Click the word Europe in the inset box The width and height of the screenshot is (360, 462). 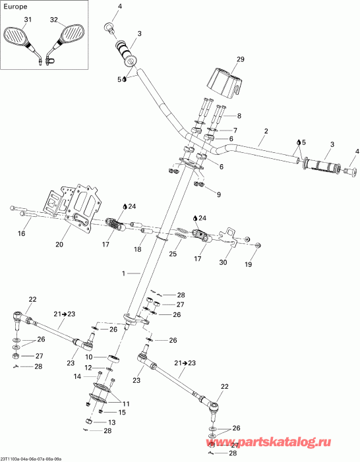tap(15, 7)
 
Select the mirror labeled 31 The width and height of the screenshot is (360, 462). tap(20, 41)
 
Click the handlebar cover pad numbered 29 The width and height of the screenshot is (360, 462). tap(227, 80)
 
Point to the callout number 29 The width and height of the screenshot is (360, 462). tap(240, 59)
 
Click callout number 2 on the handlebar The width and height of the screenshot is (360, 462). tap(266, 131)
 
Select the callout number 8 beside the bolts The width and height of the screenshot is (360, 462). tap(239, 116)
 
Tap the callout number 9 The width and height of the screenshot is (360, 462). tap(218, 194)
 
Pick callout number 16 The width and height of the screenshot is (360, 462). tap(22, 234)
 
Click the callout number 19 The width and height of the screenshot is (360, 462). tap(249, 264)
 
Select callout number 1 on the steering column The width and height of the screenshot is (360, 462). tap(124, 274)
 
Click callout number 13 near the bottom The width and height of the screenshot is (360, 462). tap(111, 422)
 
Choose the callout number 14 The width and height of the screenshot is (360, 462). tap(77, 376)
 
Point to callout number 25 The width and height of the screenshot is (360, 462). tap(173, 253)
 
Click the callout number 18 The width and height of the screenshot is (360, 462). tap(137, 249)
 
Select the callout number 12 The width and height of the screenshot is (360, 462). tap(88, 368)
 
